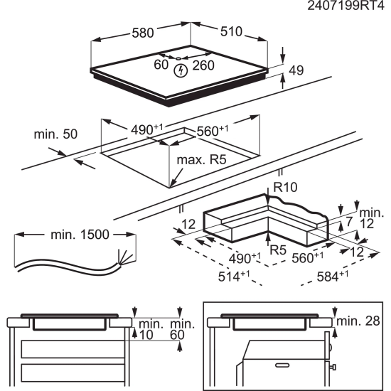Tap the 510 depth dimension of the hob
[x=230, y=32]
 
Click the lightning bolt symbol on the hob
[x=180, y=69]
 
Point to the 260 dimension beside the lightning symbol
[x=203, y=65]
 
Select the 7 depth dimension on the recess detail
[x=349, y=223]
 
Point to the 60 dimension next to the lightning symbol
[x=161, y=65]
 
